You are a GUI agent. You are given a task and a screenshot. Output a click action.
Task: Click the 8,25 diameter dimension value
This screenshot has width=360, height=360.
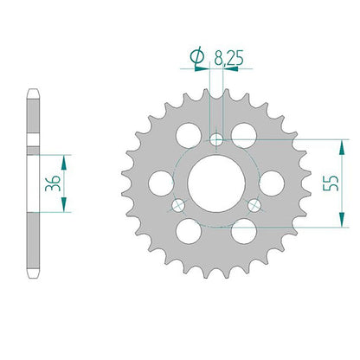pyautogui.click(x=228, y=58)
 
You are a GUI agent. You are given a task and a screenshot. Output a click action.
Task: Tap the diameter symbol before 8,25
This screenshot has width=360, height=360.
pyautogui.click(x=197, y=57)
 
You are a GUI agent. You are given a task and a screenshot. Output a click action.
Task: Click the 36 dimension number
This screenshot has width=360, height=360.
pyautogui.click(x=53, y=183)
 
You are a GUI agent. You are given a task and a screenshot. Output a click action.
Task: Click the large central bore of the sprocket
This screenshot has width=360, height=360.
pyautogui.click(x=216, y=183)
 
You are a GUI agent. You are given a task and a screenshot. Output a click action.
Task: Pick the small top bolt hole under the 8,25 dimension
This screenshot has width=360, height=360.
pyautogui.click(x=216, y=140)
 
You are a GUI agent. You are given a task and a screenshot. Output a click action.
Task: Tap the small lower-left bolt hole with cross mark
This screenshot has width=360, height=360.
pyautogui.click(x=178, y=205)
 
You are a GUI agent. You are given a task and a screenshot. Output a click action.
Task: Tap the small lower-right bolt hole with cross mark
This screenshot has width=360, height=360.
pyautogui.click(x=254, y=205)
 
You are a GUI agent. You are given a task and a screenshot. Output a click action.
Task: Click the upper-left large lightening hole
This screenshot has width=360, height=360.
pyautogui.click(x=189, y=135)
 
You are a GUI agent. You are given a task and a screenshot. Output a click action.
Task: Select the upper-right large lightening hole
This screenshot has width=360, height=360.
pyautogui.click(x=244, y=135)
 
